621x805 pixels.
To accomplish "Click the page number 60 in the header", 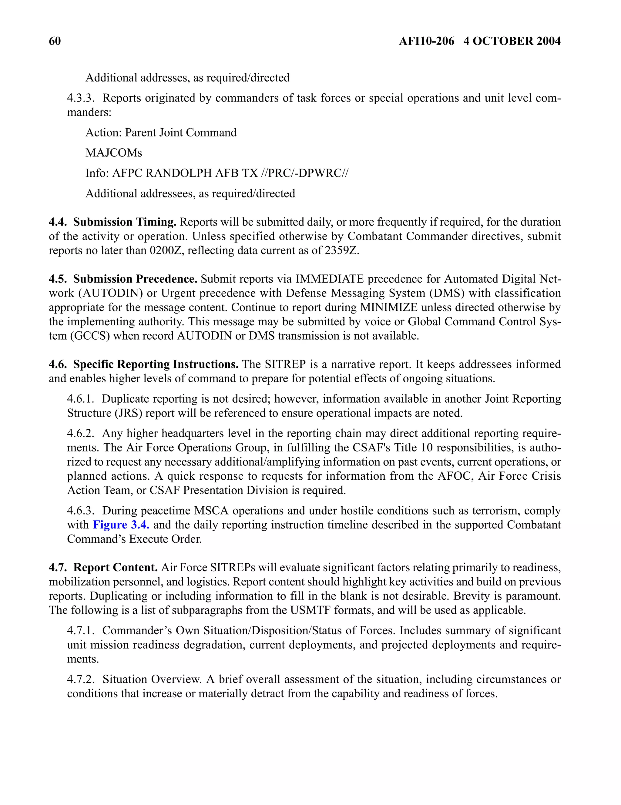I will (55, 41).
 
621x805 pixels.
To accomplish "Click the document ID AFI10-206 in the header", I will (426, 41).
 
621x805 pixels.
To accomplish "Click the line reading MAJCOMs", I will (113, 153).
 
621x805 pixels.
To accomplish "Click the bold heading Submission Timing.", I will (125, 222).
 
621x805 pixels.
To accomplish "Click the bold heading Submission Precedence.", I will (135, 279).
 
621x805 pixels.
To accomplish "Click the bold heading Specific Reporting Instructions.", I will (156, 364).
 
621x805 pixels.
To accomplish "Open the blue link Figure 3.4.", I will (121, 525).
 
